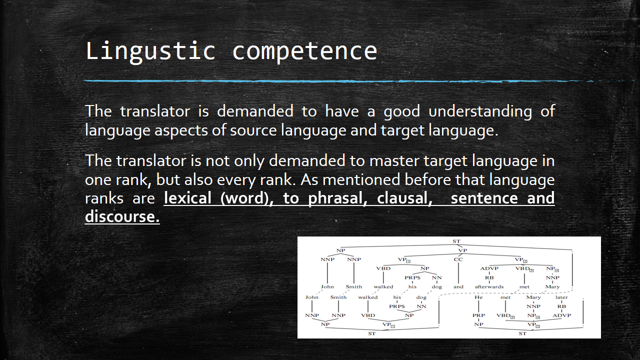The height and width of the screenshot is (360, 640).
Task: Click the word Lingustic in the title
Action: click(x=150, y=51)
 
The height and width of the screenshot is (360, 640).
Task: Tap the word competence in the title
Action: click(x=304, y=51)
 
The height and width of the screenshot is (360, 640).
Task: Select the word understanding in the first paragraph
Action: click(x=480, y=111)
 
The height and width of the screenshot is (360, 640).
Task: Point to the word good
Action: click(x=401, y=111)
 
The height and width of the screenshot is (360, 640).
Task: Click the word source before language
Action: click(x=253, y=130)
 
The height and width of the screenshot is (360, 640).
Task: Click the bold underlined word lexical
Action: click(x=187, y=198)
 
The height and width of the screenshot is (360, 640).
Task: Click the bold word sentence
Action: click(x=484, y=198)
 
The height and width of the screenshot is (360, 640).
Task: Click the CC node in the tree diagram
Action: click(x=458, y=259)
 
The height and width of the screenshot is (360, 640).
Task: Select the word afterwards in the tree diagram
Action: click(x=489, y=286)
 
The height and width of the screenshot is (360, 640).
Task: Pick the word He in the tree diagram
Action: click(x=478, y=297)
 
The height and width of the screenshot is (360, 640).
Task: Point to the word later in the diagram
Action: click(x=561, y=297)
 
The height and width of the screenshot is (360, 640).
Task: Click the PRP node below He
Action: click(x=478, y=315)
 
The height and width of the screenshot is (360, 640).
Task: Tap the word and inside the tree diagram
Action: click(x=458, y=286)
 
